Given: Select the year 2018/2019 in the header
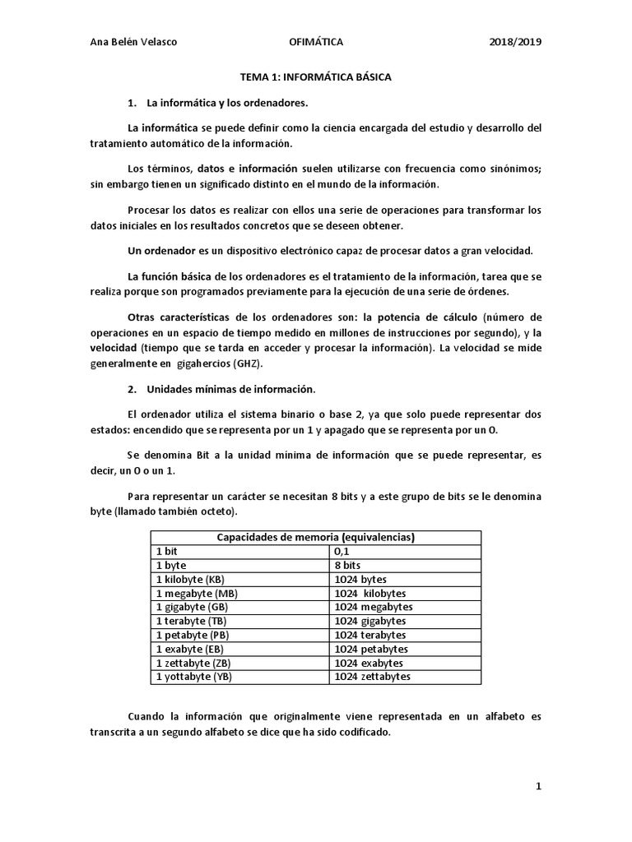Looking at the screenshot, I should click(x=515, y=42).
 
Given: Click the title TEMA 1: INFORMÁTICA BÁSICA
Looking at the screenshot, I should click(x=315, y=76).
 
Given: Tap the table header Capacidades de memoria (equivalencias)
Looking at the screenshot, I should click(x=315, y=538).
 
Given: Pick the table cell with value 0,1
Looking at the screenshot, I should click(x=342, y=552).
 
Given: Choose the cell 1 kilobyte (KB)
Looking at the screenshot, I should click(x=189, y=580).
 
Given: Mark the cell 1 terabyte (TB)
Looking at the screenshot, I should click(x=190, y=621).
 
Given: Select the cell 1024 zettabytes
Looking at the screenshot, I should click(x=373, y=677).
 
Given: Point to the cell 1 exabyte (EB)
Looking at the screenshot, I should click(x=189, y=649).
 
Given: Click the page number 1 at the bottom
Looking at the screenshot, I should click(x=538, y=787).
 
